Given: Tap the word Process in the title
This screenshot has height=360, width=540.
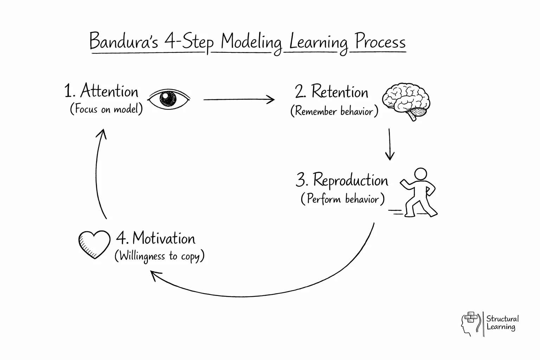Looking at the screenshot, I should [380, 42].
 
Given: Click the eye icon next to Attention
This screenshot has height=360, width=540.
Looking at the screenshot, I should [168, 98].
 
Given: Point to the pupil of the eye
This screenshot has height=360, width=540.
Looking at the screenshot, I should [168, 98].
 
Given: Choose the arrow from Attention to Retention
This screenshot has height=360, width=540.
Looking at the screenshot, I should [239, 99].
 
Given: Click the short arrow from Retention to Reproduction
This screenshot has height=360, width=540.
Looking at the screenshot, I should [390, 144].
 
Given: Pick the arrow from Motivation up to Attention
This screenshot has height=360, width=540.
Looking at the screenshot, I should [99, 172].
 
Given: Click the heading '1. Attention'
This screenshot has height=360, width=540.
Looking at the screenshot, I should [101, 91].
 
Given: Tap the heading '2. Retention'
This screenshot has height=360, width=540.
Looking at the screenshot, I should [332, 92].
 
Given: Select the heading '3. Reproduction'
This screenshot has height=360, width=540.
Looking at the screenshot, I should [342, 181].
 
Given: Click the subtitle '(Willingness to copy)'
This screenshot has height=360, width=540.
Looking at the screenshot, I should [159, 256].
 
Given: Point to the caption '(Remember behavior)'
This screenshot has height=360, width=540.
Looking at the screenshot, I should [334, 111].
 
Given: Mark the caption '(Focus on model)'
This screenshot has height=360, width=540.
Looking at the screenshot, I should [107, 109].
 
